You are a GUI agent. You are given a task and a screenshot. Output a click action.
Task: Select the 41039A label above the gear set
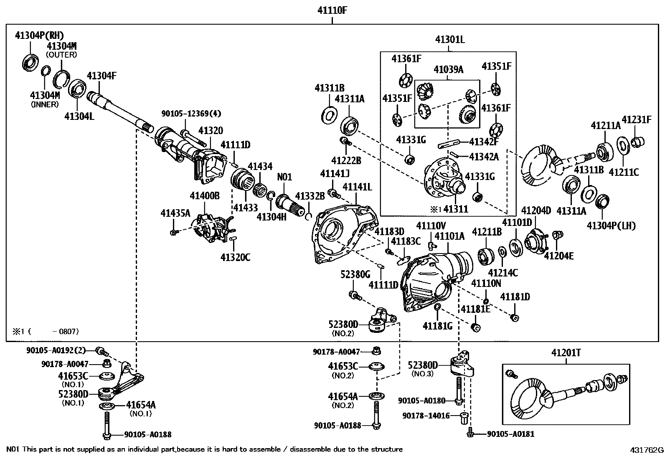click(x=448, y=70)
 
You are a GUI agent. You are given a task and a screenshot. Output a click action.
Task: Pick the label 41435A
click(x=175, y=213)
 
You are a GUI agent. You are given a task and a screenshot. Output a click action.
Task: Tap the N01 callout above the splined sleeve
click(x=284, y=177)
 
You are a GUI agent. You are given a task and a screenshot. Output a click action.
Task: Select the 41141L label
click(x=357, y=187)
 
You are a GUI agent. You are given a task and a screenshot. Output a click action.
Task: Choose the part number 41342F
click(x=484, y=142)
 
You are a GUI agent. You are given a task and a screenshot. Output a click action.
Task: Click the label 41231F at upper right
click(x=636, y=120)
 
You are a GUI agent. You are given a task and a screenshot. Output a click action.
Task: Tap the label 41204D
click(x=536, y=210)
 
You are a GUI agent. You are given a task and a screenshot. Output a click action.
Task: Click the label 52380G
click(x=355, y=274)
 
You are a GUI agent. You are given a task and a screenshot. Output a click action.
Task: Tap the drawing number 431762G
click(x=647, y=450)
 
